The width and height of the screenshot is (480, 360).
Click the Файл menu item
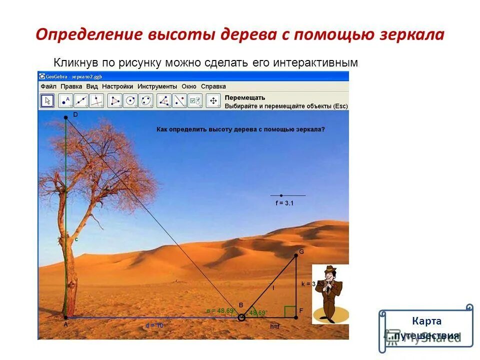[48, 86]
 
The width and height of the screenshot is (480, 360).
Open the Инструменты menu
[157, 86]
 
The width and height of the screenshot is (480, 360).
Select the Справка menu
[213, 86]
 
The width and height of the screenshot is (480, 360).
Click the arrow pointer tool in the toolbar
[47, 100]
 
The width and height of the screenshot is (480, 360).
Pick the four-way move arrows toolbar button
[213, 100]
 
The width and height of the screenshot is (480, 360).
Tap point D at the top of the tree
[65, 117]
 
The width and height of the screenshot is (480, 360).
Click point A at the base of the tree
[65, 317]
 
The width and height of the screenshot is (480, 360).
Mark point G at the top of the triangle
[295, 255]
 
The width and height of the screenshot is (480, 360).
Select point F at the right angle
[295, 317]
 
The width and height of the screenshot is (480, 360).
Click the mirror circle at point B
[241, 317]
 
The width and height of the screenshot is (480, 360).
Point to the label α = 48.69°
[220, 310]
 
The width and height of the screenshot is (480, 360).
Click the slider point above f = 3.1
[281, 195]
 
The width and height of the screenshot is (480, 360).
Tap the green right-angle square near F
[290, 311]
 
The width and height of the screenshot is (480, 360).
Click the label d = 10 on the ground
[154, 325]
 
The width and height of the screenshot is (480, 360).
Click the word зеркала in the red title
[411, 35]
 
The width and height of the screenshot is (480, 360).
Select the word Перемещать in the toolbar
[245, 97]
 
